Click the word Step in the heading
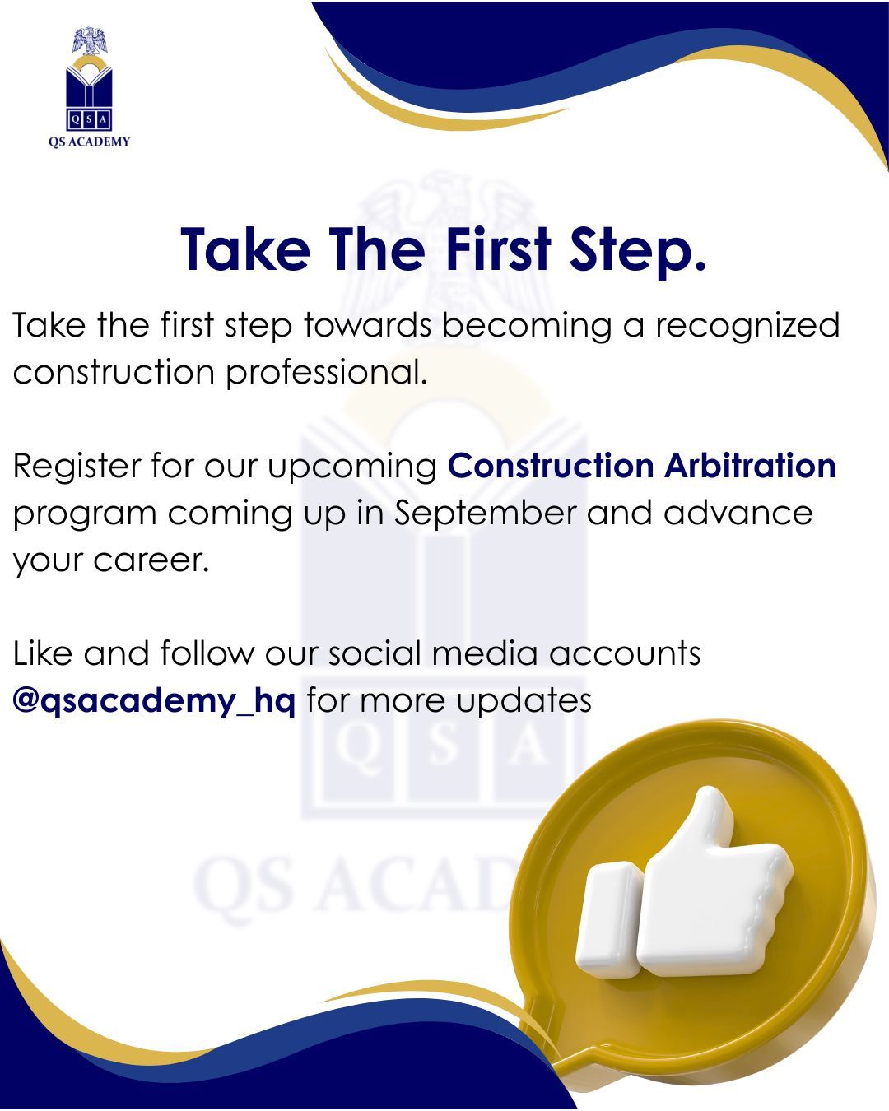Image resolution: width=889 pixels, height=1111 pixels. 637,250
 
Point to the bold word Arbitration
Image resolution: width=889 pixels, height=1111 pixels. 750,465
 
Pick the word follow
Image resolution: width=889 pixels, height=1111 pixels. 206,653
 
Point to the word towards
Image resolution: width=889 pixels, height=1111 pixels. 367,325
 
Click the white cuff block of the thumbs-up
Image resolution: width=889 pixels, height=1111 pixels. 609,921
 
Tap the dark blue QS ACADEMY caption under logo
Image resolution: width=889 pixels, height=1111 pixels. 90,142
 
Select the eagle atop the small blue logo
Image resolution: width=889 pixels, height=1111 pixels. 90,41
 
